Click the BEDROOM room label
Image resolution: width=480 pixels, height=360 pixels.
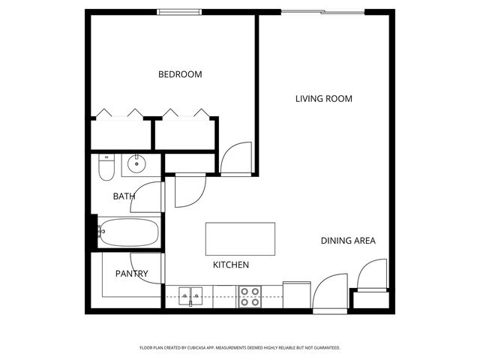click(180, 74)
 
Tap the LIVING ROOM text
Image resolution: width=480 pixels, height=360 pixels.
click(323, 98)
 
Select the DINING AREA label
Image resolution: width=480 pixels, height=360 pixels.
click(348, 241)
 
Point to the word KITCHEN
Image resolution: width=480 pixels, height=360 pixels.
click(231, 265)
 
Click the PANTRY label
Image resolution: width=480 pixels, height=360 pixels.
click(131, 274)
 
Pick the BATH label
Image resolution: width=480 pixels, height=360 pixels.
click(124, 196)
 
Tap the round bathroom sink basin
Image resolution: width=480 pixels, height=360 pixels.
click(136, 163)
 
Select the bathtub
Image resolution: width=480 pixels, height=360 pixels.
click(129, 233)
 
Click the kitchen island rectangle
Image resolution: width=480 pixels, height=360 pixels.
click(240, 239)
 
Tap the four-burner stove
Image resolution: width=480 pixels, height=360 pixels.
click(250, 296)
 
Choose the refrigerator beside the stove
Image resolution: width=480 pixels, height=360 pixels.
click(296, 294)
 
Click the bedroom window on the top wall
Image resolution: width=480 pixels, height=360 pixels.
click(179, 11)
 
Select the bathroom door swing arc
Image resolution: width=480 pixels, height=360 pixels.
click(152, 196)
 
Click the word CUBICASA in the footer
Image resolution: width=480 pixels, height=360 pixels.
click(223, 348)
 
